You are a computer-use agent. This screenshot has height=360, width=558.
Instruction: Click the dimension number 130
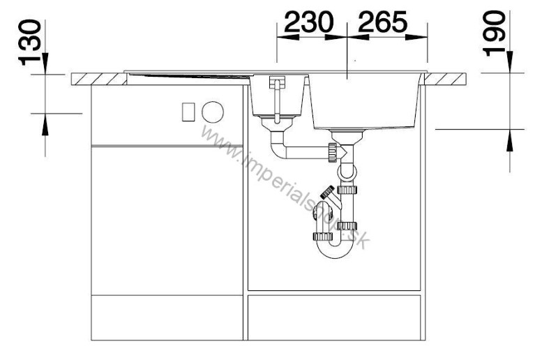pyautogui.click(x=32, y=41)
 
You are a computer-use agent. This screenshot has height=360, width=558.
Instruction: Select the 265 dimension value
pyautogui.click(x=381, y=23)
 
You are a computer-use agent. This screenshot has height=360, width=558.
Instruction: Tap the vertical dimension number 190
pyautogui.click(x=497, y=33)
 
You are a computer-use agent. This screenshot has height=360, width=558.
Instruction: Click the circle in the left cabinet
pyautogui.click(x=212, y=111)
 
